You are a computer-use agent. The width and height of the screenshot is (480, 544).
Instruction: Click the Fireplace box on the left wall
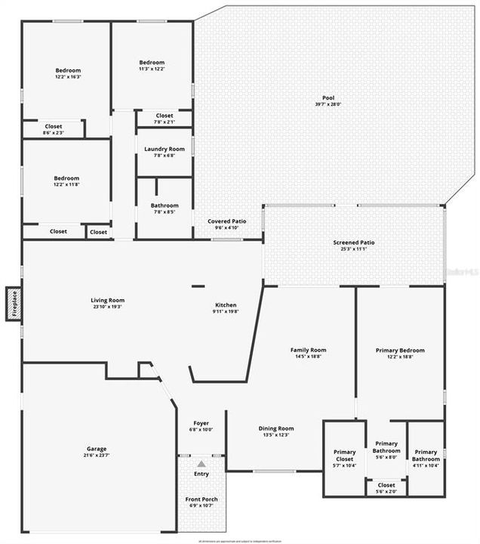(13, 303)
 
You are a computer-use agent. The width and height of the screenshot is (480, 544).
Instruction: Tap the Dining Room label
(274, 431)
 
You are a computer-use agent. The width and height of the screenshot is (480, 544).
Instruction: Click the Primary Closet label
(345, 455)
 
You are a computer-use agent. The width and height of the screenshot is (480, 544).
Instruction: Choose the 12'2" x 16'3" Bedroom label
(68, 73)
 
